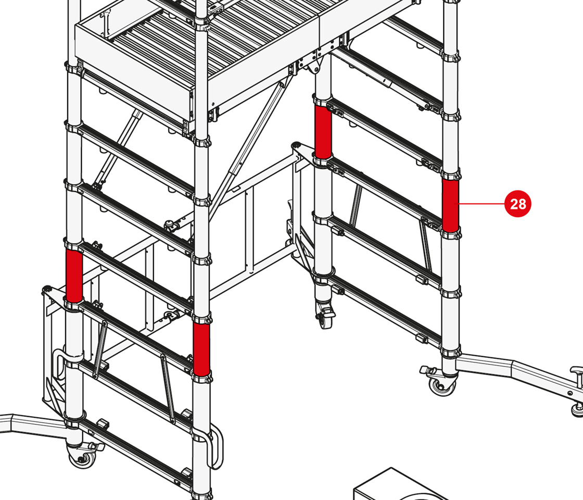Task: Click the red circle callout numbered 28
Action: [x=518, y=204]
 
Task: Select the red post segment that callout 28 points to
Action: [x=451, y=205]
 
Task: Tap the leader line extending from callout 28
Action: [x=482, y=204]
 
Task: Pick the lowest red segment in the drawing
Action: [x=201, y=349]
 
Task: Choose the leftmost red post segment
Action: [x=74, y=276]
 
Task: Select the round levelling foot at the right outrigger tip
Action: [x=577, y=409]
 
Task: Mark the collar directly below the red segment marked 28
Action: [x=451, y=234]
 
